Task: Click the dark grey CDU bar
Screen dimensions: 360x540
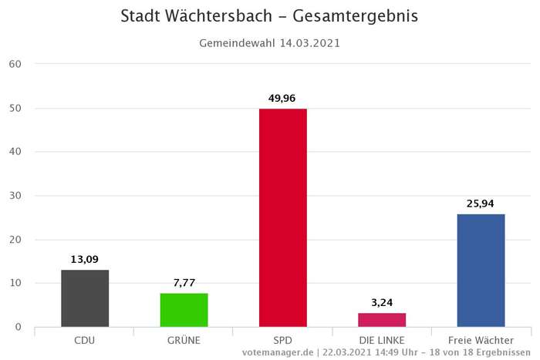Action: pyautogui.click(x=85, y=298)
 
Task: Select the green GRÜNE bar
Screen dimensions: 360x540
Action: pyautogui.click(x=184, y=310)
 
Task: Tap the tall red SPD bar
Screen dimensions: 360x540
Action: pyautogui.click(x=283, y=217)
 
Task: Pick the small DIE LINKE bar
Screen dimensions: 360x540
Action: pyautogui.click(x=382, y=320)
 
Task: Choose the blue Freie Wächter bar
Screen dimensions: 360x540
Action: pyautogui.click(x=481, y=270)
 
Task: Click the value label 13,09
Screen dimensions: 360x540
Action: pyautogui.click(x=85, y=259)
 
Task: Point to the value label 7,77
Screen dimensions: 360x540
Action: pyautogui.click(x=184, y=283)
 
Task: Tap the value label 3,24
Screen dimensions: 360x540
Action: pyautogui.click(x=382, y=302)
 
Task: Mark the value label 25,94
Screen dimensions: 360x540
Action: pyautogui.click(x=481, y=204)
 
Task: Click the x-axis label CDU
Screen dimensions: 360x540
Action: pyautogui.click(x=85, y=339)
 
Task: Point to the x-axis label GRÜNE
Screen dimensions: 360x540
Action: pyautogui.click(x=184, y=339)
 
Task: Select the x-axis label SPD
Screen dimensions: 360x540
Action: pyautogui.click(x=283, y=339)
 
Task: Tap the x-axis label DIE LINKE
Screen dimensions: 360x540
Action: pyautogui.click(x=382, y=339)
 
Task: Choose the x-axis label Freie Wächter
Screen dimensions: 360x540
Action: pyautogui.click(x=481, y=339)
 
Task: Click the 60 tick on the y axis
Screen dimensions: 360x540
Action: pyautogui.click(x=16, y=64)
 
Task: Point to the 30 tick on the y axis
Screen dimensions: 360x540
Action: pyautogui.click(x=16, y=196)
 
